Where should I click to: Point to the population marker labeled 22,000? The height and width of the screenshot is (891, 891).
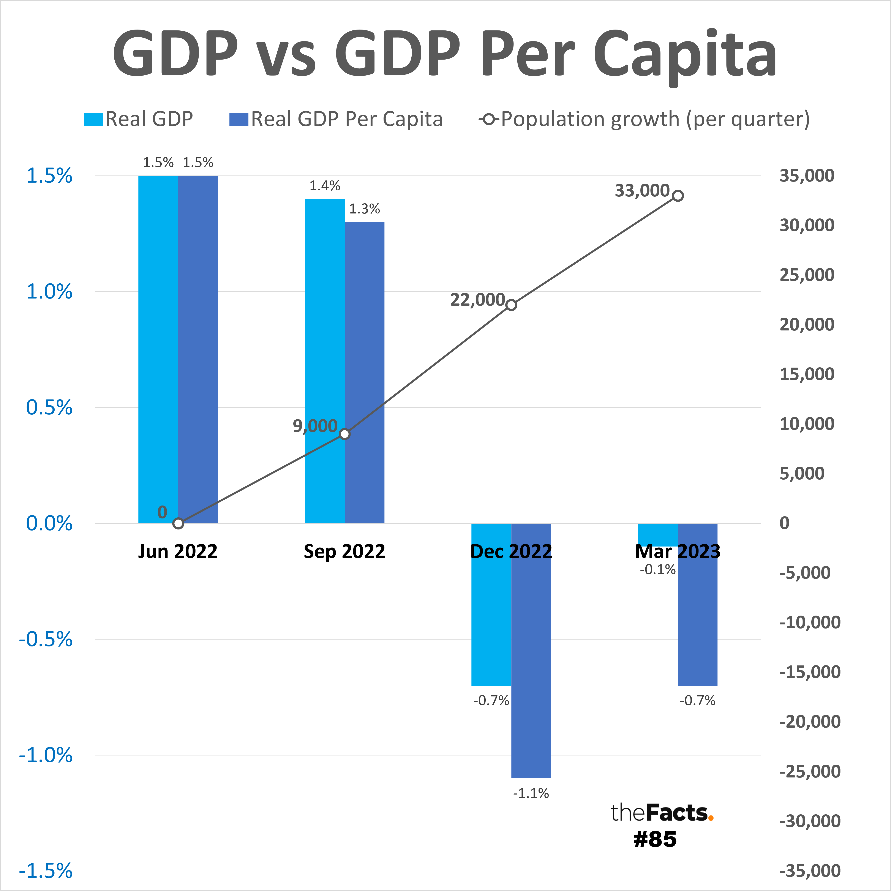511,305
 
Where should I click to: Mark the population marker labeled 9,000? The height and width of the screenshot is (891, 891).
344,434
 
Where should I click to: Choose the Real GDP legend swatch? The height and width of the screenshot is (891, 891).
93,119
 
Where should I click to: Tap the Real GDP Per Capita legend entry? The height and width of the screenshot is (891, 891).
346,119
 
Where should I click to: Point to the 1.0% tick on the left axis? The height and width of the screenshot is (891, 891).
49,291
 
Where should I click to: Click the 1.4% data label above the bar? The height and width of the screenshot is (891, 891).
325,186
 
